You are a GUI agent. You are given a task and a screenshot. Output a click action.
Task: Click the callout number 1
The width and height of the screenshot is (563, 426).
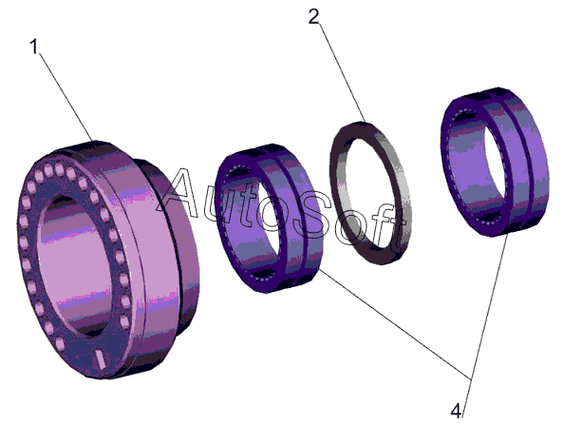coord(34,47)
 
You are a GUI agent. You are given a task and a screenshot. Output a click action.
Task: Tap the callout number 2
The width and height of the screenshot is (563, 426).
coord(313,16)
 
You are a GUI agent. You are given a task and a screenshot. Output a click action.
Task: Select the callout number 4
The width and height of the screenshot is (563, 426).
coord(456,411)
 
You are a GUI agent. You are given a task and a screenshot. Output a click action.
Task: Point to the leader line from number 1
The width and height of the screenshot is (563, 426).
coord(66,97)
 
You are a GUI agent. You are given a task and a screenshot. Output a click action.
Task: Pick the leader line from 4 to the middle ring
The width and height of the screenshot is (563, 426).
coord(395,324)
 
